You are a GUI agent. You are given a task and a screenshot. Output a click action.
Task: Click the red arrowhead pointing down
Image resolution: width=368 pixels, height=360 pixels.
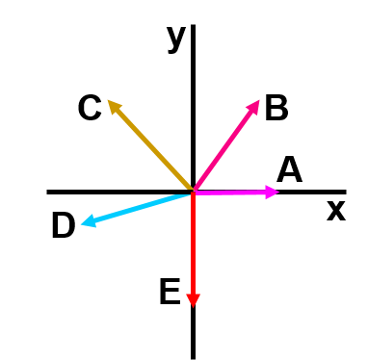coord(193,300)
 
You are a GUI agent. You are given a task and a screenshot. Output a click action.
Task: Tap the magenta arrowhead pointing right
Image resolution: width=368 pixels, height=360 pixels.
coord(272,193)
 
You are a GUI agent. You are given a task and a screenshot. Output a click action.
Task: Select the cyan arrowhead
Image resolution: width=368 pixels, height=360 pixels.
coord(88,221)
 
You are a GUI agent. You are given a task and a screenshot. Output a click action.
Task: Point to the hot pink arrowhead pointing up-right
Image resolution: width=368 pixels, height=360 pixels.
coord(254,106)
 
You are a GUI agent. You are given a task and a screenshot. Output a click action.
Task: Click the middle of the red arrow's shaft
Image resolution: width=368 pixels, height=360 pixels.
coord(193,245)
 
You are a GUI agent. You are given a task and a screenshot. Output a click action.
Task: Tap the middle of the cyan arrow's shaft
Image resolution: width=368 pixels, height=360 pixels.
coord(137,208)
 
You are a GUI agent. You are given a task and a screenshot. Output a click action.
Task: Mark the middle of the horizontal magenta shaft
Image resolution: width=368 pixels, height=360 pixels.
coord(231,193)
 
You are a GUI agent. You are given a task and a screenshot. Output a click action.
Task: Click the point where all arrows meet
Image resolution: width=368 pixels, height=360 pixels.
coord(193,193)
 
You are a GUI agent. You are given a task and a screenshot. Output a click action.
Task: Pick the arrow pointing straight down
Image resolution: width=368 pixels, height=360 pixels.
coord(193,250)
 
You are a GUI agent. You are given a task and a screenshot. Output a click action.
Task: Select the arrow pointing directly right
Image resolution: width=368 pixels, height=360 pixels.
coord(236,193)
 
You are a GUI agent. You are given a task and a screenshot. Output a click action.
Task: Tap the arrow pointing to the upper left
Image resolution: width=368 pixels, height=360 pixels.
coord(149,144)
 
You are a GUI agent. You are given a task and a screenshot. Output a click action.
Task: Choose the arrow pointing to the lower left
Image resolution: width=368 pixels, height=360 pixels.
coord(135,209)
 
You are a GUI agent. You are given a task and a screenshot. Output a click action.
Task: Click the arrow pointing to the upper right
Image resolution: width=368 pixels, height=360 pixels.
coord(227,144)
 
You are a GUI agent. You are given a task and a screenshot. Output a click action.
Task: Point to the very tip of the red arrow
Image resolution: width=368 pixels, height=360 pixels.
coord(193,308)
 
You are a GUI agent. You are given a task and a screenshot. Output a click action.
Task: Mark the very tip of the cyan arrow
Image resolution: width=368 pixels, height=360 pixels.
coord(80,225)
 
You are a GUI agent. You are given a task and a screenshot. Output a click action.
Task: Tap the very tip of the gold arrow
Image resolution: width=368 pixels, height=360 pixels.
coord(107,99)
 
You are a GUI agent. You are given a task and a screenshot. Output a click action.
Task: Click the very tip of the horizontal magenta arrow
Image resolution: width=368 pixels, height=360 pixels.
coord(279,193)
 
